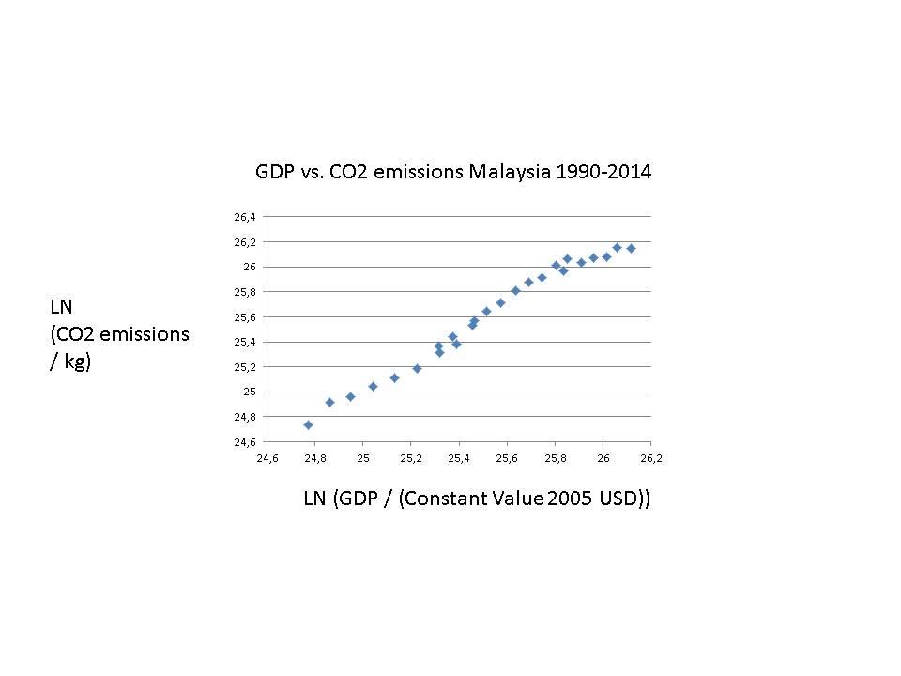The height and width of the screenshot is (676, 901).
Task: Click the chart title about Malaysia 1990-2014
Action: [453, 173]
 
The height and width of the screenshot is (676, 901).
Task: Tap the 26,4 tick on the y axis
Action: [245, 217]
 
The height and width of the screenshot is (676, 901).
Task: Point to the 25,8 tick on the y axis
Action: [245, 292]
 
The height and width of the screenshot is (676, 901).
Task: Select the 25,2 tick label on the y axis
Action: [245, 367]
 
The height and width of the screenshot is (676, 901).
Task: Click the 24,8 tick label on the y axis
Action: [245, 417]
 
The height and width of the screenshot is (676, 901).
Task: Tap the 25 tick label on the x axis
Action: [363, 458]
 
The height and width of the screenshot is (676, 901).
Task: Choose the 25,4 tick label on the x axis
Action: [459, 458]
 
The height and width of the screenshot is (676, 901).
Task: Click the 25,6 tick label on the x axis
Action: [508, 458]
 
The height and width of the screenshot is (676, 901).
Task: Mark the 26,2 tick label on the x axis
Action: [651, 458]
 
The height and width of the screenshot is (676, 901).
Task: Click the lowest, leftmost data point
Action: [308, 424]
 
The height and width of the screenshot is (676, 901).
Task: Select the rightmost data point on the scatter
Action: [631, 248]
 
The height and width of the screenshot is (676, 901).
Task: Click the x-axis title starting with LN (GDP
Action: [477, 499]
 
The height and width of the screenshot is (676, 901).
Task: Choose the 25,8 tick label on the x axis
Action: [556, 458]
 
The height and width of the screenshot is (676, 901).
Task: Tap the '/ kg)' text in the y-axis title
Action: [70, 361]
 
